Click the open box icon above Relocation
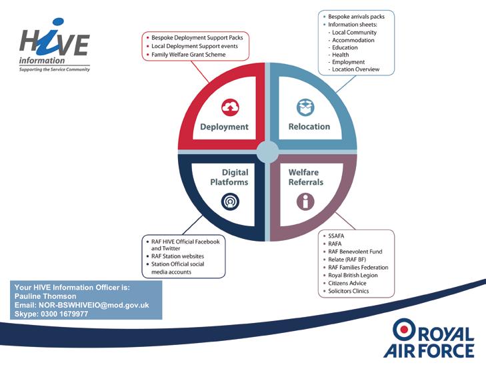(305, 107)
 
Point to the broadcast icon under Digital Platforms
(229, 202)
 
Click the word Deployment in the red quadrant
(224, 127)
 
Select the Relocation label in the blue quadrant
(309, 127)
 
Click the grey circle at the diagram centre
(267, 151)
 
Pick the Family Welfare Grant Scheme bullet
(189, 55)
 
